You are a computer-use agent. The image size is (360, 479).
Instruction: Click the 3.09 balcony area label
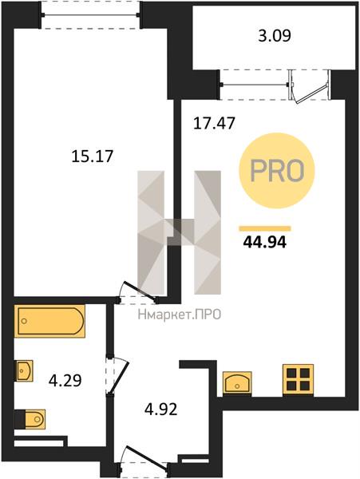tap(275, 36)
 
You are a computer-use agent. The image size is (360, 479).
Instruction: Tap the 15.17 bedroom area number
tap(93, 156)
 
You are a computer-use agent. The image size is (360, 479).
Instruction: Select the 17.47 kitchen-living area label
tap(215, 124)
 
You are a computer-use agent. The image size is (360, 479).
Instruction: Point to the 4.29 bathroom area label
tap(65, 381)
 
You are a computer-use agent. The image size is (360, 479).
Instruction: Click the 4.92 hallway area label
tap(161, 410)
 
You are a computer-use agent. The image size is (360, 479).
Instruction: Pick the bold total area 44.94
tap(265, 243)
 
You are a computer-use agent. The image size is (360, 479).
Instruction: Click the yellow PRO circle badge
tap(277, 171)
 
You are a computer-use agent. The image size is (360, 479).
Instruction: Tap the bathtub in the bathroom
tap(49, 321)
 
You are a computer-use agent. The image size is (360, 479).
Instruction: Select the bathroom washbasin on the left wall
tap(24, 370)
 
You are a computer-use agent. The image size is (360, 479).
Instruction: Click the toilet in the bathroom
tap(30, 419)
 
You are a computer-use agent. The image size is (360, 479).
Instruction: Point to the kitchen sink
tap(237, 382)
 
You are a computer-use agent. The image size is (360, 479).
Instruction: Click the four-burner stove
tap(298, 380)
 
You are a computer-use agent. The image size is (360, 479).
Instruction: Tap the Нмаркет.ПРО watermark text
tap(180, 315)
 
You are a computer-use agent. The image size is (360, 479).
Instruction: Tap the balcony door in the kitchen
tap(310, 86)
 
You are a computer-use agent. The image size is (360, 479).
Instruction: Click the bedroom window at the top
tap(91, 14)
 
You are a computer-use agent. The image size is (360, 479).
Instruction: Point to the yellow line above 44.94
tap(265, 228)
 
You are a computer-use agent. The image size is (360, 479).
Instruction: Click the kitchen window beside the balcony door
tap(254, 84)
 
